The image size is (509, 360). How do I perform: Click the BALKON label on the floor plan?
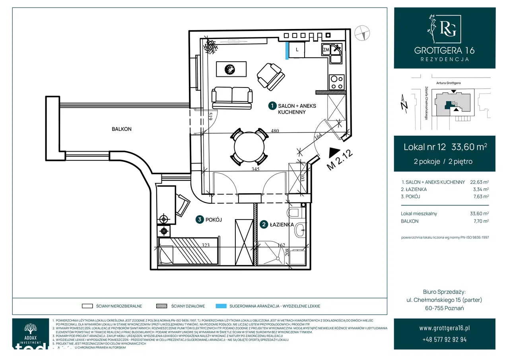121,129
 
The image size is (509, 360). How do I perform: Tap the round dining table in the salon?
249,147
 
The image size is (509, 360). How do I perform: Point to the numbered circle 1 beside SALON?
272,106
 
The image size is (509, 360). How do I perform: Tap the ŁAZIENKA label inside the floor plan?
282,225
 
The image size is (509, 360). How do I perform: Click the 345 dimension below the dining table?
255,169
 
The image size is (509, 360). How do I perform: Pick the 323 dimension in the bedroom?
206,245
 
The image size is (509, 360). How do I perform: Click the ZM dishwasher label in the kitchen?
326,50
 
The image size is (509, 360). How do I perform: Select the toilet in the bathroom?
296,213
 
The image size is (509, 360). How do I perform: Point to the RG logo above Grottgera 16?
445,30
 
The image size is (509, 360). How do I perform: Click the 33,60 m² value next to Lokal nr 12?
469,147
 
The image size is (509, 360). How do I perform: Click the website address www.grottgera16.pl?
444,328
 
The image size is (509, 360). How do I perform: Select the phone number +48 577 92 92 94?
444,340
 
